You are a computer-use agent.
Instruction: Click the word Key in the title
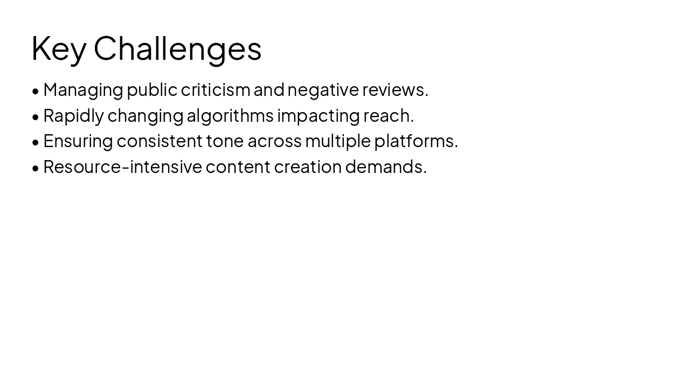(x=59, y=48)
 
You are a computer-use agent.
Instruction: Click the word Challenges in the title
(x=177, y=48)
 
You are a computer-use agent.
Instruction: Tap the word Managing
(x=83, y=90)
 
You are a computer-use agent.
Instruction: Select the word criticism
(x=215, y=89)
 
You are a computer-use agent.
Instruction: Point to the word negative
(x=323, y=89)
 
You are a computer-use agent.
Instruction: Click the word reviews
(x=395, y=89)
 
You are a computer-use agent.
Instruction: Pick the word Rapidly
(x=73, y=115)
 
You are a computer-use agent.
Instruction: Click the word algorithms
(x=230, y=115)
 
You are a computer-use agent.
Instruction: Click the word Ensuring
(x=78, y=141)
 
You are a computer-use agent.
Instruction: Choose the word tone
(x=225, y=141)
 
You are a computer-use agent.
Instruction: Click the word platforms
(x=416, y=141)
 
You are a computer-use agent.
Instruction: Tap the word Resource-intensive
(x=122, y=167)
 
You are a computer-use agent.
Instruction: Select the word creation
(x=308, y=167)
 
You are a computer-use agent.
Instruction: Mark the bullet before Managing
(x=36, y=91)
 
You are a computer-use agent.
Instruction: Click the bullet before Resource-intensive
(x=36, y=168)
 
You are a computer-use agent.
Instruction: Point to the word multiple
(x=338, y=141)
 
